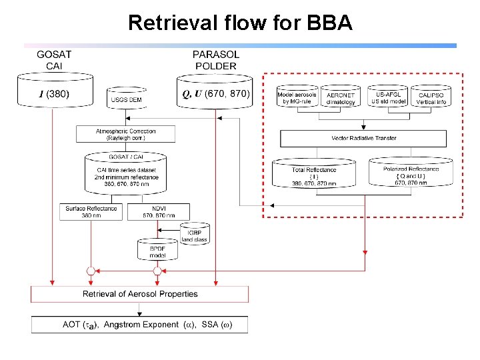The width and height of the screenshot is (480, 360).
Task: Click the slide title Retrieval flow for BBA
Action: click(x=239, y=23)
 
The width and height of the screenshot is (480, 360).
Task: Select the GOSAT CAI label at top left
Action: click(x=55, y=60)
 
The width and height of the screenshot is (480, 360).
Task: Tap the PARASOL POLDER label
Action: click(x=215, y=60)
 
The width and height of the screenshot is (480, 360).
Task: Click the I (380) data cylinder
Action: click(x=55, y=94)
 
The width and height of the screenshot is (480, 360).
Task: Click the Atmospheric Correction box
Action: click(x=126, y=134)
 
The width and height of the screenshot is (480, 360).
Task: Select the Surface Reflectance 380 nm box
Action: click(x=91, y=211)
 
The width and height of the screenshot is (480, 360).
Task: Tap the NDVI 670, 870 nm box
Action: click(x=157, y=211)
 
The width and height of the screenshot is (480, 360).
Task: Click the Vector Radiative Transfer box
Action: click(x=363, y=138)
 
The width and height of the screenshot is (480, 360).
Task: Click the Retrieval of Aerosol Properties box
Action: click(x=140, y=294)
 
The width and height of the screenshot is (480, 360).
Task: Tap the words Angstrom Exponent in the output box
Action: click(x=141, y=325)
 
